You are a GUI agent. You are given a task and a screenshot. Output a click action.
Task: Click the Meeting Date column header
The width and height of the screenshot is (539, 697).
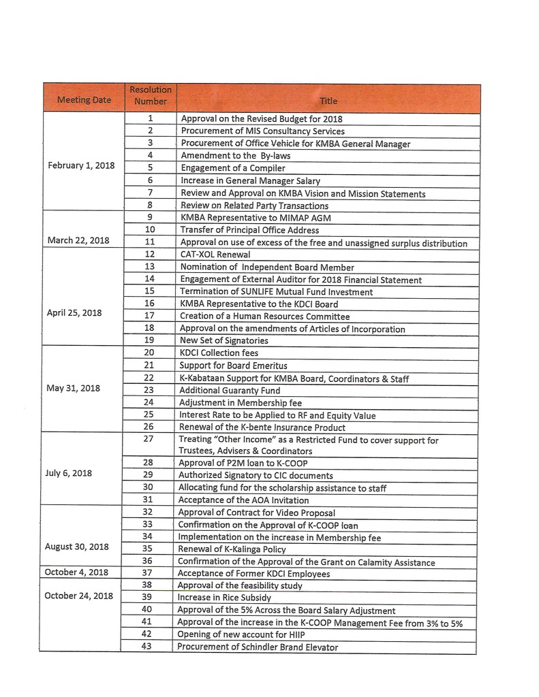[84, 99]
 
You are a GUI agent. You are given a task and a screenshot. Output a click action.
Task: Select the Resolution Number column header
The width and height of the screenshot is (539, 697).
[151, 95]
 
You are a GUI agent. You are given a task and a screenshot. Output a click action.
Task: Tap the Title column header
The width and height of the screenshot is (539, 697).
[328, 101]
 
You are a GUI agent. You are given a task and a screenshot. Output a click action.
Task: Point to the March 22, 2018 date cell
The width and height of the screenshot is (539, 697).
[78, 240]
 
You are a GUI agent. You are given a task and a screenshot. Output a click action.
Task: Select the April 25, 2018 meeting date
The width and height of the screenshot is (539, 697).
[75, 314]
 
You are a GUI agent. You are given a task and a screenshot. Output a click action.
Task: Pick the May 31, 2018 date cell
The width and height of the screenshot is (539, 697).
[73, 388]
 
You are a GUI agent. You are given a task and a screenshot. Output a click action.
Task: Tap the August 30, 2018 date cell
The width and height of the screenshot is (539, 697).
[77, 547]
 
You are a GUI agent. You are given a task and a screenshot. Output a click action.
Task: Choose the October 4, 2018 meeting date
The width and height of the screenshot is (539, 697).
[76, 572]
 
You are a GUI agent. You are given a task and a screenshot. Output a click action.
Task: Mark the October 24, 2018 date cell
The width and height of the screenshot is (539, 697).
[78, 596]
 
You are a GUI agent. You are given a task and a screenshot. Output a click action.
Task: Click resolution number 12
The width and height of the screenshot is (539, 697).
[150, 254]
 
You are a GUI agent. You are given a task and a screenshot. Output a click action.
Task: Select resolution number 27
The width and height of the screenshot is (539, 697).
[149, 439]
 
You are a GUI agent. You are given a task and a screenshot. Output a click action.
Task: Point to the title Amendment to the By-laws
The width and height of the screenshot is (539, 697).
[236, 155]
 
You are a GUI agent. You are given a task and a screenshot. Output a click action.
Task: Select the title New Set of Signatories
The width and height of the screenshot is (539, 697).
[224, 340]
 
